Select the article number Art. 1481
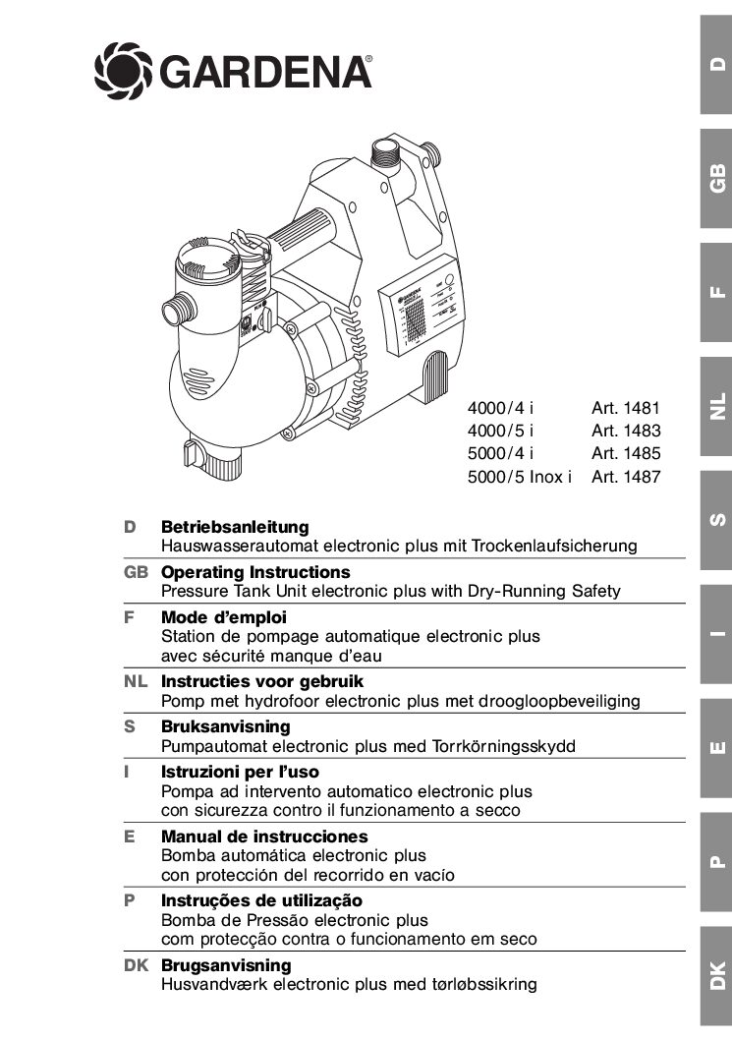pos(626,407)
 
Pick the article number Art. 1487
pos(626,478)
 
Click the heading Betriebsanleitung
pos(235,528)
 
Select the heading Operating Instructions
pos(255,572)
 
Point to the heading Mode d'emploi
pos(224,618)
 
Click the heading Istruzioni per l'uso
pos(240,773)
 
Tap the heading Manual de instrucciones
pos(264,837)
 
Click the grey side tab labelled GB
pos(716,178)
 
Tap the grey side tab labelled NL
pos(716,405)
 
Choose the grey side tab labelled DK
pos(716,973)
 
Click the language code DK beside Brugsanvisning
pos(136,965)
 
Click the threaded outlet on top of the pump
pos(384,156)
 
